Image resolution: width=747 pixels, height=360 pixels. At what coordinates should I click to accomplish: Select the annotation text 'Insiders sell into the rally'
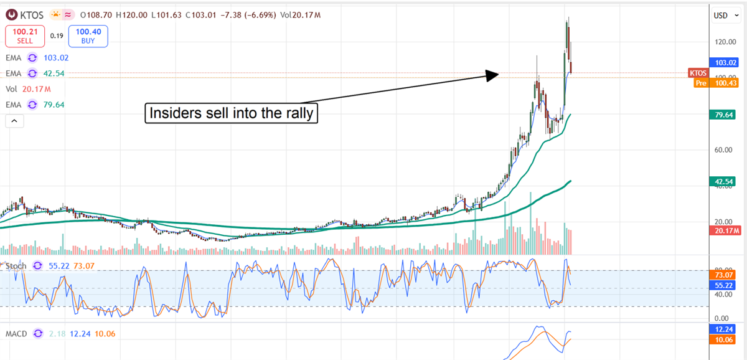click(231, 113)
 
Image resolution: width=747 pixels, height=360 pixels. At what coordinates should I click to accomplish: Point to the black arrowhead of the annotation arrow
click(492, 75)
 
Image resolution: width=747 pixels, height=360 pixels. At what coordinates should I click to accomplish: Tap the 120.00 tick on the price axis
click(725, 42)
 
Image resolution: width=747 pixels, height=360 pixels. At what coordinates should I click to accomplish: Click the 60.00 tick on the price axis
click(725, 150)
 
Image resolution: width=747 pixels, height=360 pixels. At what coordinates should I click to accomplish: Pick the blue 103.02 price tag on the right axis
click(725, 63)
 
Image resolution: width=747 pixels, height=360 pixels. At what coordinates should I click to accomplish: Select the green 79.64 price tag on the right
click(725, 114)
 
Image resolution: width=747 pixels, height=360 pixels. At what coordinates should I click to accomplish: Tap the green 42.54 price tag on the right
click(725, 182)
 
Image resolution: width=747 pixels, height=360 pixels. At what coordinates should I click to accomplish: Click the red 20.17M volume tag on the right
click(725, 230)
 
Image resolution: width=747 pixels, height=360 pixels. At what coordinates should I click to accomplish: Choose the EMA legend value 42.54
click(54, 73)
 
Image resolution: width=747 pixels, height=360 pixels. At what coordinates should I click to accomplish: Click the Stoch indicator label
click(16, 266)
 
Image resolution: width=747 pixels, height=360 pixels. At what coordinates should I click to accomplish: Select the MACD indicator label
click(16, 334)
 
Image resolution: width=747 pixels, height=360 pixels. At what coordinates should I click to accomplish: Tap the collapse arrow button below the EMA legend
click(14, 121)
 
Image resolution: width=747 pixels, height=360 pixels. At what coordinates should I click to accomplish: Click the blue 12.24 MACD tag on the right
click(725, 329)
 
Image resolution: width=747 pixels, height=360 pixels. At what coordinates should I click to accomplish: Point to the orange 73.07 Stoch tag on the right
click(725, 274)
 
